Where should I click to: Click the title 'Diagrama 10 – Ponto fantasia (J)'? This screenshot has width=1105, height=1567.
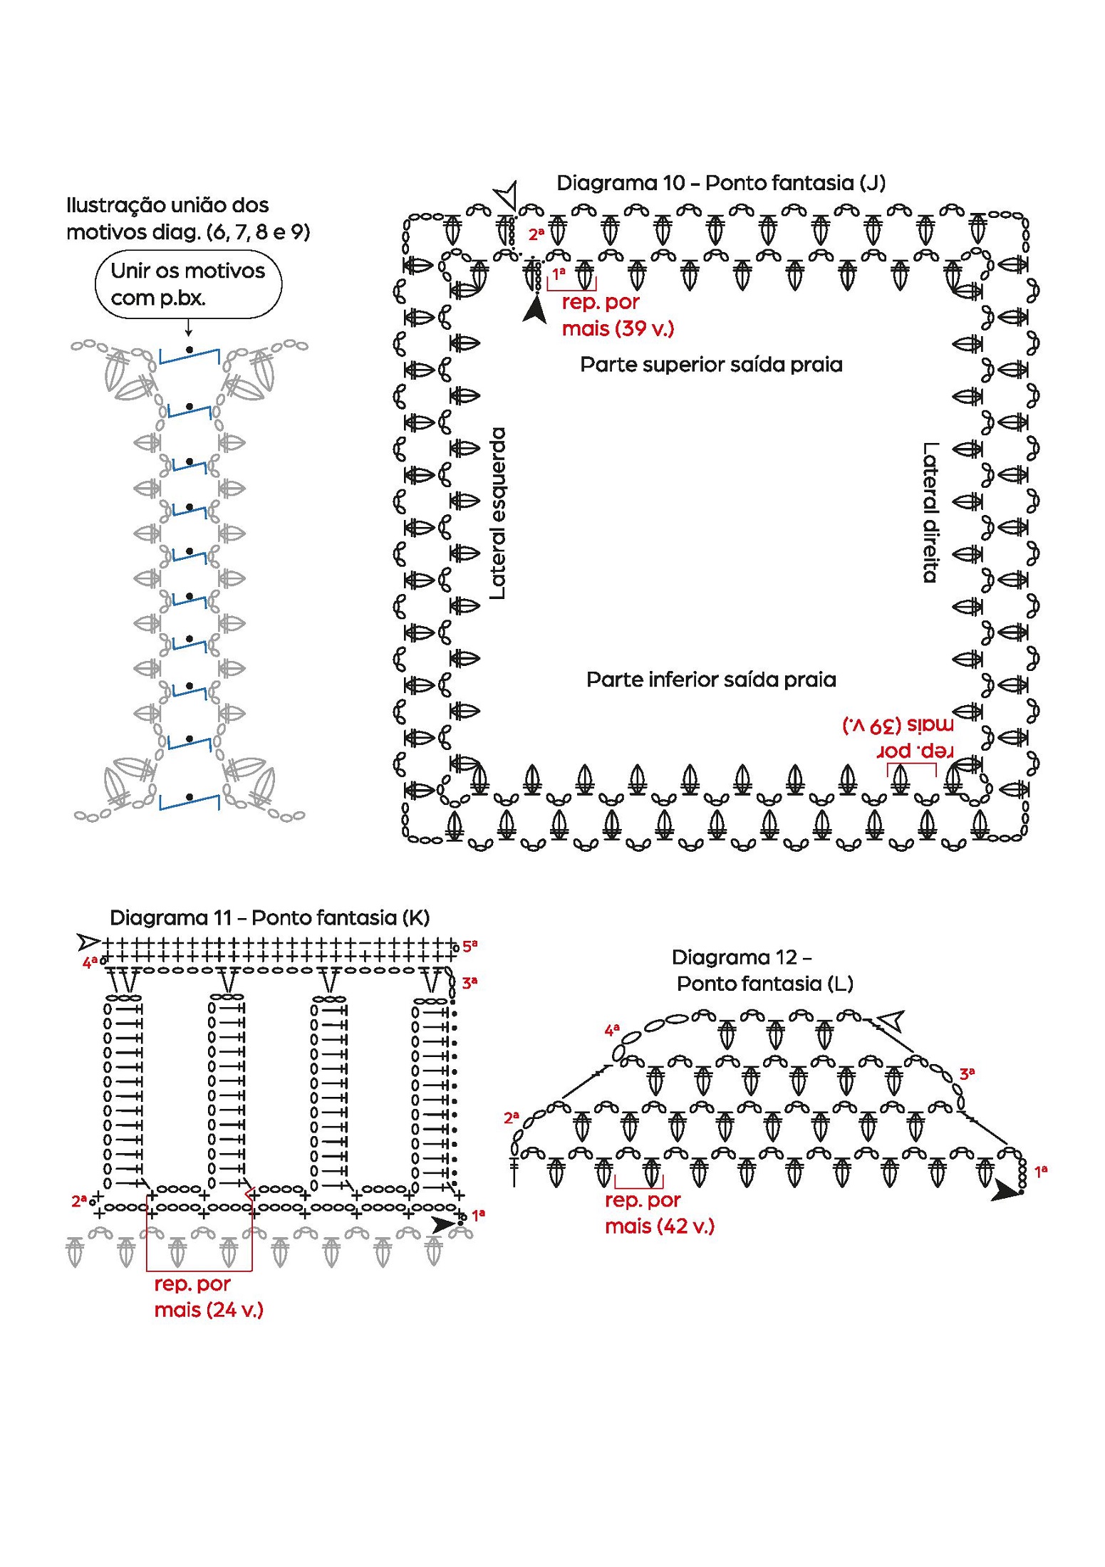(720, 183)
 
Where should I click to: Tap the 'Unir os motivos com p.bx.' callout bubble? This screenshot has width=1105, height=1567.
(188, 283)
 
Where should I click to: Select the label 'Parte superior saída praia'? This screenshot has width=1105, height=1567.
(710, 365)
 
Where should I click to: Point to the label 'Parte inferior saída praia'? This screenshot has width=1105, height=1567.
(710, 680)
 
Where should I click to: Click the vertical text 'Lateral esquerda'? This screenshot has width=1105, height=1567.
(498, 513)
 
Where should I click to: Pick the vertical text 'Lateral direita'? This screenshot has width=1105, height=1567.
(930, 513)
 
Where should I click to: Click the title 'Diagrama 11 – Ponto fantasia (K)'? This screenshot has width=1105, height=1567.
(269, 917)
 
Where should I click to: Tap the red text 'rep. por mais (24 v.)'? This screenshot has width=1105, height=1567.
(208, 1297)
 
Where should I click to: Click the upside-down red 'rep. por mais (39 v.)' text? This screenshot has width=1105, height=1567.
(898, 738)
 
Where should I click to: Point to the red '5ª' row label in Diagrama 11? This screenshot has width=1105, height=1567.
(470, 946)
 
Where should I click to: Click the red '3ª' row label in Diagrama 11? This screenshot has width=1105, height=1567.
(470, 983)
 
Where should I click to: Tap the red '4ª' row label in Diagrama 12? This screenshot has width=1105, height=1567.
(612, 1030)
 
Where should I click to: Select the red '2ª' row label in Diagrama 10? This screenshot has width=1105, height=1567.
(536, 234)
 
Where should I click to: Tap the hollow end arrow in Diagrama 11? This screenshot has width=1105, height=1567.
(89, 942)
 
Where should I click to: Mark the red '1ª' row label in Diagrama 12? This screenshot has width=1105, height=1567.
(1041, 1170)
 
